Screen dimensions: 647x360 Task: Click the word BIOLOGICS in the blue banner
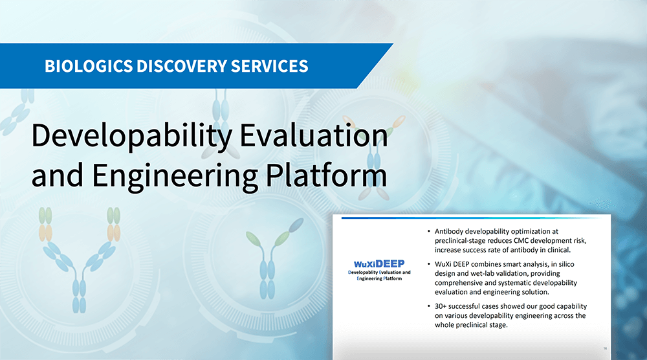89,66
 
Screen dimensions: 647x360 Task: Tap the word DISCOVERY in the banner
182,66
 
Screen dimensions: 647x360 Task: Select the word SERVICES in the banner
269,66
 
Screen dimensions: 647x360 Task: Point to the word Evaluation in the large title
314,135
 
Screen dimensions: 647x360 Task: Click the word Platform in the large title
326,175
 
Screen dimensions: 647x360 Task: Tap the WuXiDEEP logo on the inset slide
379,264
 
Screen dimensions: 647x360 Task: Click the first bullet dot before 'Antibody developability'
429,232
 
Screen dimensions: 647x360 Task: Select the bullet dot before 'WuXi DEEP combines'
429,264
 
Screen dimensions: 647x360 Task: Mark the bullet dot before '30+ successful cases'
429,306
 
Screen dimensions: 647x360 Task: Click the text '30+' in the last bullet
441,306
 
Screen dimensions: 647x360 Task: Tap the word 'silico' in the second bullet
565,264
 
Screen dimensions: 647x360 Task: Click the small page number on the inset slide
605,348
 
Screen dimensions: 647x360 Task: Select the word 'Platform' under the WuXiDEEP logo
393,278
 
